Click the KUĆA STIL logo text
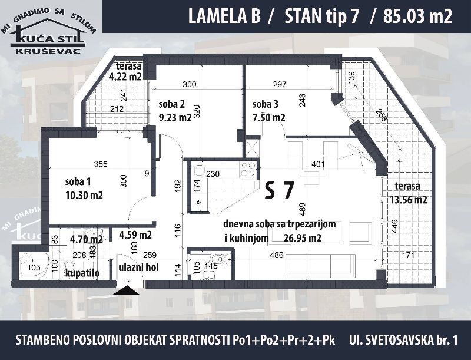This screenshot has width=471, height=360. (x=48, y=38)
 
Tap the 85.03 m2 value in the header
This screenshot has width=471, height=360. (x=418, y=17)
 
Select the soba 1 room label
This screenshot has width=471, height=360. (x=78, y=182)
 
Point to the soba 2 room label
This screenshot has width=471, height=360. (x=171, y=104)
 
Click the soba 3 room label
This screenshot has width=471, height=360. (x=266, y=104)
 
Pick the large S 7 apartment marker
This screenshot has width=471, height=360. (x=279, y=191)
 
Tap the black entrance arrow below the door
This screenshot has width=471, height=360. (x=126, y=291)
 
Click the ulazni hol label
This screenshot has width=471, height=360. (x=139, y=267)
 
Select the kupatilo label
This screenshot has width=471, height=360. (x=82, y=273)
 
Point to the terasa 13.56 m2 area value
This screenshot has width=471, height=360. (x=409, y=200)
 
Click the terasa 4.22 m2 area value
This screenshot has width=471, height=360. (x=125, y=77)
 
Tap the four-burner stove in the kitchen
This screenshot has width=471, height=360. (x=248, y=169)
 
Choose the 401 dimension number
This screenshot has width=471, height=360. (x=318, y=164)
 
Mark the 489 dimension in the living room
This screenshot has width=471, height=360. (x=302, y=209)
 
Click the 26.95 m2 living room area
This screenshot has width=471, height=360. (x=303, y=238)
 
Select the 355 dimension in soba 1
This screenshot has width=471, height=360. (x=101, y=164)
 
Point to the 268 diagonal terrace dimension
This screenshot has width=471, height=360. (x=380, y=114)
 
